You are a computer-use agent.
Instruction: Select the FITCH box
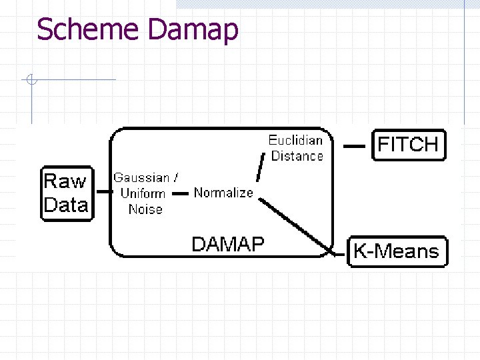pos(408,145)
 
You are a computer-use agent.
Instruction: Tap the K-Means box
pos(397,251)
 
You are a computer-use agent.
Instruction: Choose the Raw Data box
pos(66,193)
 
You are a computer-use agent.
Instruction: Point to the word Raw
pos(65,181)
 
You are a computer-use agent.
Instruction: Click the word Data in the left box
pos(66,205)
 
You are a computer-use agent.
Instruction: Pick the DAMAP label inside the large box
pos(227,244)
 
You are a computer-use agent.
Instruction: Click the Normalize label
pos(223,193)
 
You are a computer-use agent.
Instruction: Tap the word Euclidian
pos(295,140)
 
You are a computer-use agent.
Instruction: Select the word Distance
pos(297,156)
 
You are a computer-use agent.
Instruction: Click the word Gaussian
pos(141,178)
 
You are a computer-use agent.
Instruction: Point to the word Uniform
pos(143,193)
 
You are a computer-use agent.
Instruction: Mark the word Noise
pos(145,209)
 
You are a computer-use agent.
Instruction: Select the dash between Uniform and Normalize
pos(180,193)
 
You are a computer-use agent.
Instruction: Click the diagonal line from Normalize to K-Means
pos(297,225)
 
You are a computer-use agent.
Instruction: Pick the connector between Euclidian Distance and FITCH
pos(354,145)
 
